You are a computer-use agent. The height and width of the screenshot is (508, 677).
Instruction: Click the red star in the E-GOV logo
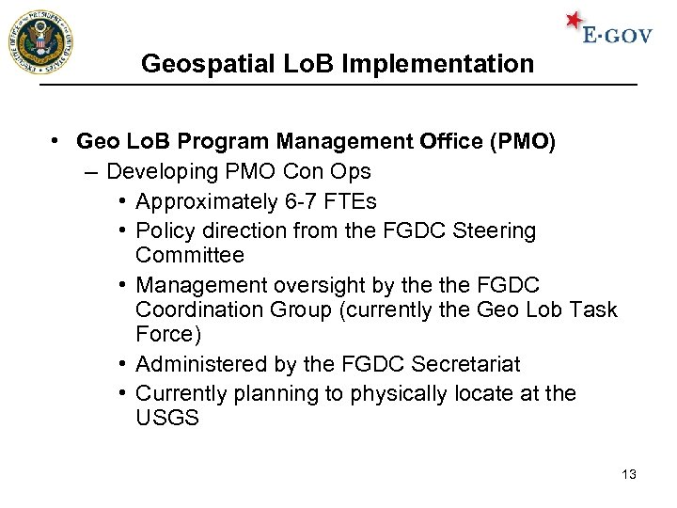[x=574, y=22]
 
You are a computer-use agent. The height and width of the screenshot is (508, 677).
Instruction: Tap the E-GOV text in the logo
[x=617, y=36]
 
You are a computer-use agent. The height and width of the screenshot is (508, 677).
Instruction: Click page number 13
[x=629, y=474]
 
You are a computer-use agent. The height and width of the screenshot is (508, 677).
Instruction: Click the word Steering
[x=495, y=230]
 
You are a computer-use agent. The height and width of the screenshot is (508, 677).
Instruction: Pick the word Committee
[x=189, y=255]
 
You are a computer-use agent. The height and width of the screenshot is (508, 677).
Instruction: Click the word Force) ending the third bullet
[x=168, y=334]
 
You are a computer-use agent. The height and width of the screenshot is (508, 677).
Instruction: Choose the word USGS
[x=166, y=418]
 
